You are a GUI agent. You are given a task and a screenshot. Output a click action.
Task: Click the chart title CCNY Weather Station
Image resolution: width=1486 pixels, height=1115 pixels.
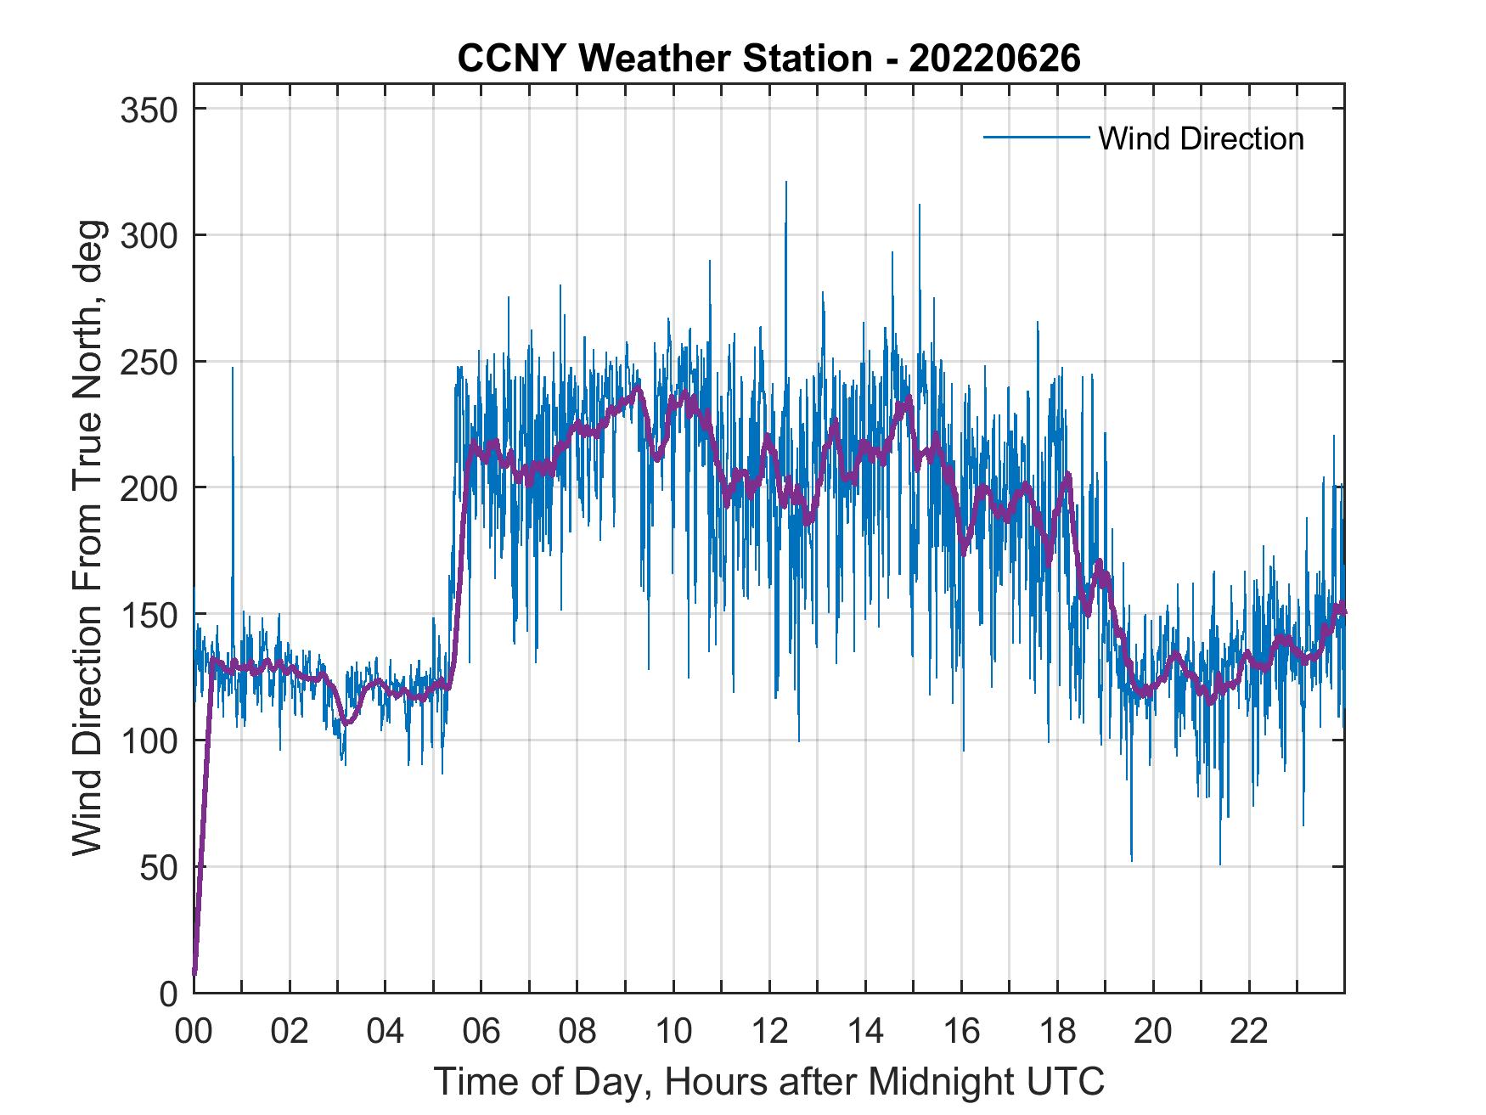click(768, 59)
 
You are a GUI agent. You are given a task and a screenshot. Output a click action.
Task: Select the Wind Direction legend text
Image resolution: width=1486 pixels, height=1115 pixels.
click(1201, 138)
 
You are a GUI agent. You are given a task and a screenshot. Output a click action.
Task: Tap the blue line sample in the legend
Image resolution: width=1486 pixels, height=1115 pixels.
click(1035, 138)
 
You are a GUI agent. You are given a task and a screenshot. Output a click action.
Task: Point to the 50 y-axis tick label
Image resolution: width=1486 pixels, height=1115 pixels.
click(158, 867)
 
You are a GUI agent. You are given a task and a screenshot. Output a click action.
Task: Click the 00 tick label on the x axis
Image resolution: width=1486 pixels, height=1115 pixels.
click(194, 1032)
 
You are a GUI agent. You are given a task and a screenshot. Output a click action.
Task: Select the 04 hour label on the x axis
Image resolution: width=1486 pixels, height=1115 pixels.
click(386, 1032)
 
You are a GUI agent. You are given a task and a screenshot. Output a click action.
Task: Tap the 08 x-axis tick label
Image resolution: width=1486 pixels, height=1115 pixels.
click(577, 1032)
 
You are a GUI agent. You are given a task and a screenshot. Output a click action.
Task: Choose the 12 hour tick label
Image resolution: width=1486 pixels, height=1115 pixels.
click(769, 1032)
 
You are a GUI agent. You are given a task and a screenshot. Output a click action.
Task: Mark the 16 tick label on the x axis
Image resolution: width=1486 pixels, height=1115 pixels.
click(961, 1032)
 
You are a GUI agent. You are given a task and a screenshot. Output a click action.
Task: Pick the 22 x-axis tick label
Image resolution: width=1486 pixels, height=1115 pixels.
click(1249, 1032)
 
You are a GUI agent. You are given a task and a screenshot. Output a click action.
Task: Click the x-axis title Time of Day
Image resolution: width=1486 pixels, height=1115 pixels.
click(768, 1081)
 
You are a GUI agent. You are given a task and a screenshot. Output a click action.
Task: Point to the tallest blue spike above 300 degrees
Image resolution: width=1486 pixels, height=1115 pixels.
click(785, 183)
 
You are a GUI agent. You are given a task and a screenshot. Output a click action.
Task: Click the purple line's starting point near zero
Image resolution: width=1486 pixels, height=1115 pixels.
click(194, 972)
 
